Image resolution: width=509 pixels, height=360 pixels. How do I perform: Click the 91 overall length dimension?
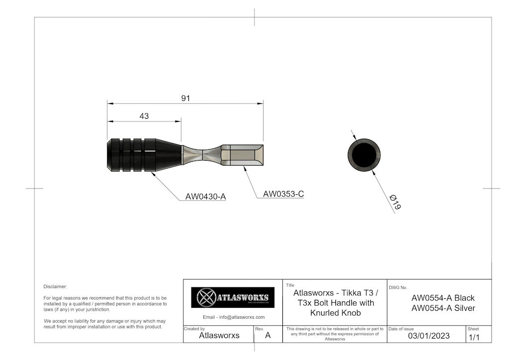[x=185, y=98]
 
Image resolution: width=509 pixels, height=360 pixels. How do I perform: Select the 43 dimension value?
[x=144, y=116]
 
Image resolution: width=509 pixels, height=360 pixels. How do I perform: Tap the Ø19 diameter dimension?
[x=396, y=202]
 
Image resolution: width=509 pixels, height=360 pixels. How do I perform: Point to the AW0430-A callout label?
[x=205, y=196]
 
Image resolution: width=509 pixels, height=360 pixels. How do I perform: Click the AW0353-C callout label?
[x=283, y=194]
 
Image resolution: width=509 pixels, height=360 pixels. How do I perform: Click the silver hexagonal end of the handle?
[x=242, y=155]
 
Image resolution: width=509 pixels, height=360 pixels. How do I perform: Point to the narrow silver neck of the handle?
[x=201, y=155]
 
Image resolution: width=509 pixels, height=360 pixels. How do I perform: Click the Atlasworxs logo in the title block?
[x=233, y=297]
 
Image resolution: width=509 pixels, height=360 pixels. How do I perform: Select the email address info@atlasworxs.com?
[x=234, y=317]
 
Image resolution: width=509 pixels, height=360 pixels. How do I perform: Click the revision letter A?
[x=268, y=336]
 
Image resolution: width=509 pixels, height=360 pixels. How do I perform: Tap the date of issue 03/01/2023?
[x=428, y=336]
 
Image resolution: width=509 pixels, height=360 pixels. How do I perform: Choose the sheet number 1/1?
[x=474, y=337]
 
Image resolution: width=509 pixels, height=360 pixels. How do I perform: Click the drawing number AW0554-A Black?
[x=443, y=298]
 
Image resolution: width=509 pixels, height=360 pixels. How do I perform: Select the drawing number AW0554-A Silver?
[x=443, y=308]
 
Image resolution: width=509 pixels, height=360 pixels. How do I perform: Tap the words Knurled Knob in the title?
[x=335, y=313]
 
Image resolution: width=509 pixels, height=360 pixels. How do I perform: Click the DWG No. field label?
[x=398, y=287]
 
